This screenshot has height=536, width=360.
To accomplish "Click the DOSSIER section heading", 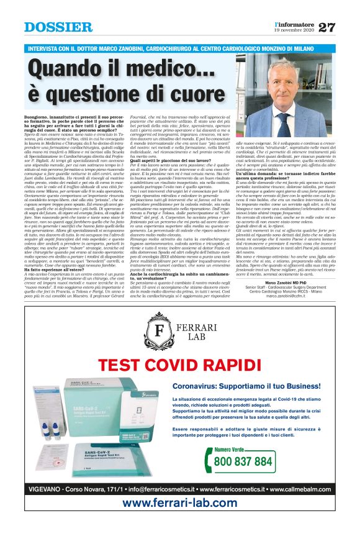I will pos(58,27).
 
